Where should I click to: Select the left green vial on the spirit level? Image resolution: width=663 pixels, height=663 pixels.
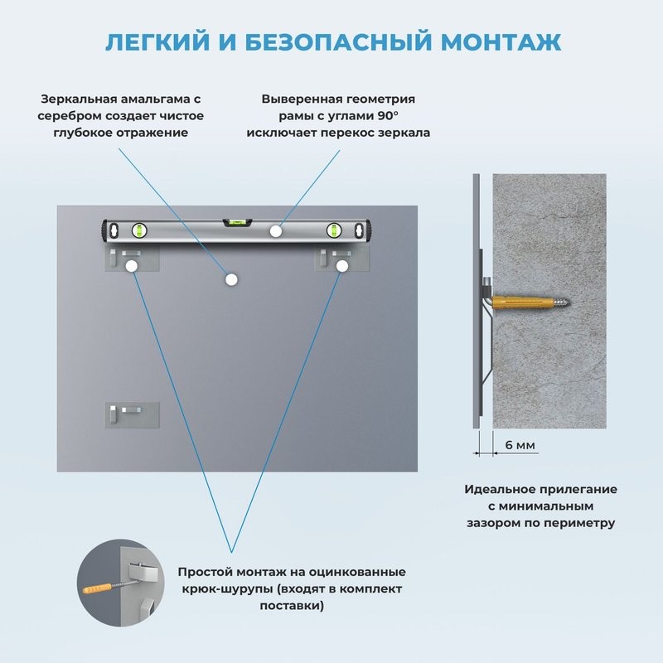pyautogui.click(x=138, y=230)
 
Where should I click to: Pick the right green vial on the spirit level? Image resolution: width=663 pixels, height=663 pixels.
pyautogui.click(x=336, y=230)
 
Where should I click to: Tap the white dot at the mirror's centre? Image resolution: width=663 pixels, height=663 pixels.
pyautogui.click(x=230, y=280)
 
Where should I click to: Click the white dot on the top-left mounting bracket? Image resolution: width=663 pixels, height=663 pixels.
pyautogui.click(x=131, y=266)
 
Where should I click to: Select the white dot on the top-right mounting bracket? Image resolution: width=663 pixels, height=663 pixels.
pyautogui.click(x=341, y=266)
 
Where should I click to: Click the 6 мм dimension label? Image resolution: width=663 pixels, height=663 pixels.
pyautogui.click(x=520, y=446)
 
